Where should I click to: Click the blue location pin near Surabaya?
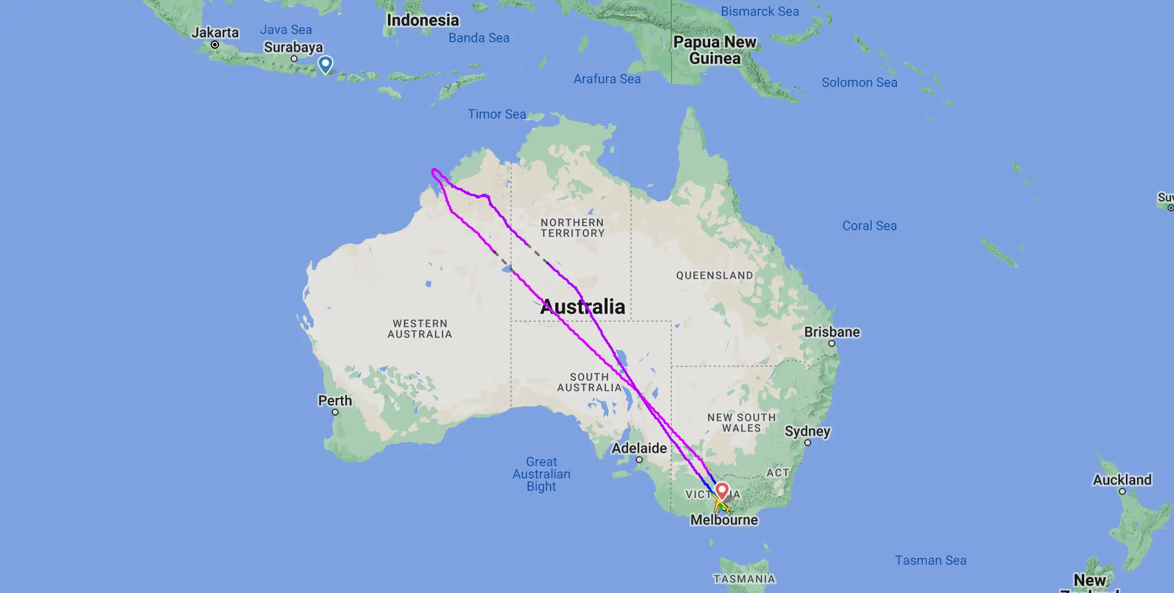[x=325, y=64]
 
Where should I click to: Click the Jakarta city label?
[x=215, y=33]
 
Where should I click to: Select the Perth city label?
[x=335, y=401]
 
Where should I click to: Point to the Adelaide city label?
[x=639, y=449]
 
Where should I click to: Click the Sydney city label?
[x=808, y=432]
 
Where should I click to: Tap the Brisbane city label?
[x=832, y=332]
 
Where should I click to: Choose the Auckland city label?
[x=1122, y=480]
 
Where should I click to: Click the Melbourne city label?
[x=724, y=520]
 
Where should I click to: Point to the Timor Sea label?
[x=497, y=114]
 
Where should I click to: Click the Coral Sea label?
[x=869, y=226]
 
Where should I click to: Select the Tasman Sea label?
[x=930, y=561]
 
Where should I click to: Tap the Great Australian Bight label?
[x=541, y=474]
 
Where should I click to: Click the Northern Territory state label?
[x=572, y=228]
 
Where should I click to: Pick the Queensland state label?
[x=714, y=276]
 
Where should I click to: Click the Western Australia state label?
[x=420, y=329]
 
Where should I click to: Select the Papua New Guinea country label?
[x=714, y=50]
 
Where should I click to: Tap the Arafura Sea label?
[x=607, y=79]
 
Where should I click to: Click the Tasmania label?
[x=744, y=579]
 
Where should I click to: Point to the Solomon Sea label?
[x=859, y=83]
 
